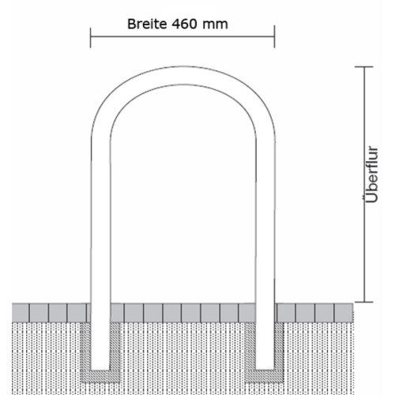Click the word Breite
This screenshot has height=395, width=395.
point(146,24)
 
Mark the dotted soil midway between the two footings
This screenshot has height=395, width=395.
point(182,355)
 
